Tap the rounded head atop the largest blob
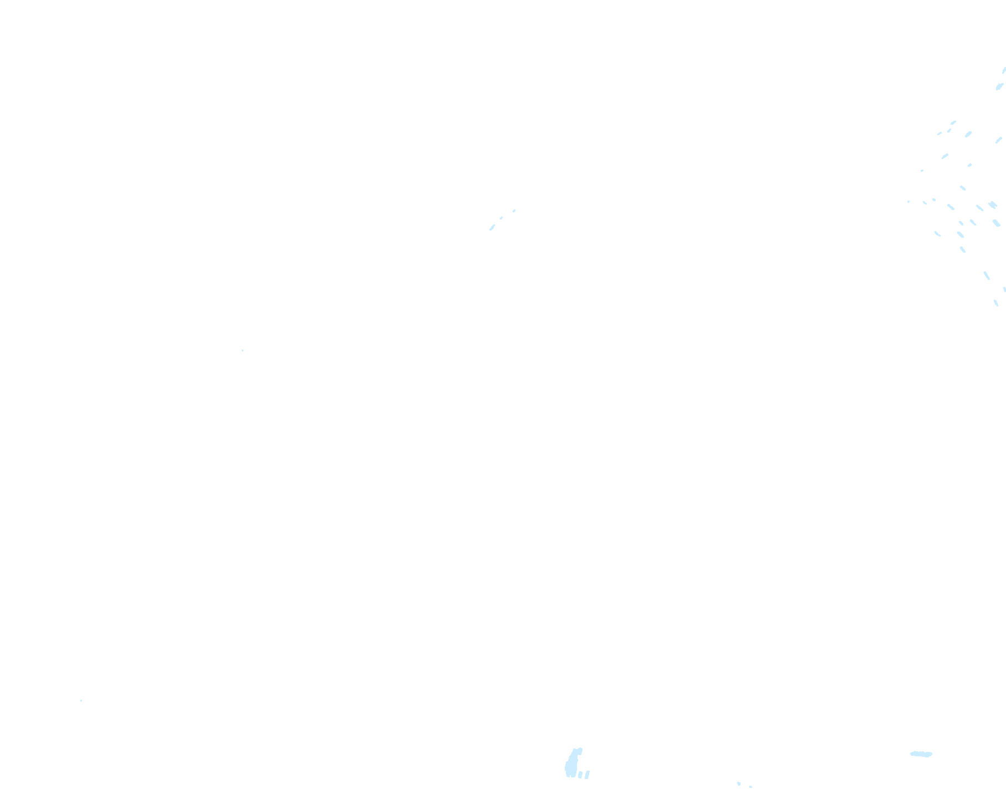[578, 751]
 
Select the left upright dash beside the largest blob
[580, 775]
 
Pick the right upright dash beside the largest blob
[588, 774]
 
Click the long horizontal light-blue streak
[921, 754]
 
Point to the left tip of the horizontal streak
[912, 753]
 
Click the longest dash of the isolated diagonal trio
[492, 227]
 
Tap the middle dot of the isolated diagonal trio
[502, 218]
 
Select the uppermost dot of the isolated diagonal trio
[514, 211]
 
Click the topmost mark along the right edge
[1004, 70]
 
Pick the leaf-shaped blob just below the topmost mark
[999, 86]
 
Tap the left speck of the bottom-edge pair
[739, 783]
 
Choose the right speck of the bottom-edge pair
[750, 787]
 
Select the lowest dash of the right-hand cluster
[996, 303]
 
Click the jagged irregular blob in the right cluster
[992, 205]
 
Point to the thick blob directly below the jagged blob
[996, 223]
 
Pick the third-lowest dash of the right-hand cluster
[987, 275]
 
